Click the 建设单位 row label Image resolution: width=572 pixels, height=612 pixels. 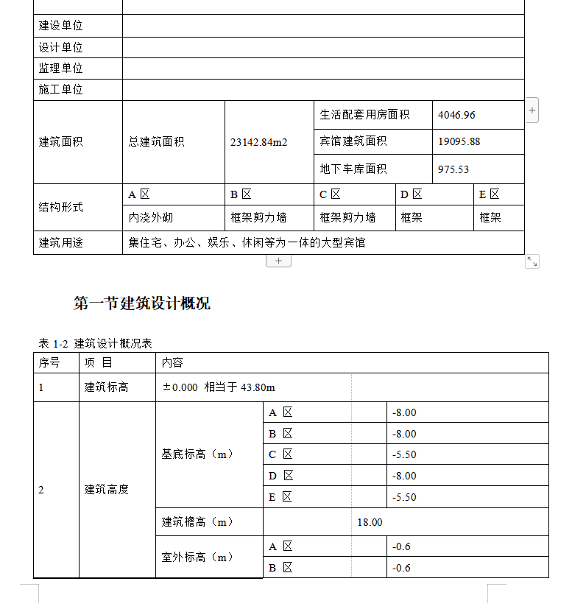(x=61, y=26)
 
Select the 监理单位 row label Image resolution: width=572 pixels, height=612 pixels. (x=61, y=68)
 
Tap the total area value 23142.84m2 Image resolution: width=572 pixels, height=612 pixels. (x=258, y=142)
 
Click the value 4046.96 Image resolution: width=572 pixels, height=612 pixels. (x=456, y=115)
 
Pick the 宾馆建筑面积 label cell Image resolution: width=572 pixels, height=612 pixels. (x=353, y=141)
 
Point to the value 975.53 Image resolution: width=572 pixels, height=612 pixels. (x=453, y=169)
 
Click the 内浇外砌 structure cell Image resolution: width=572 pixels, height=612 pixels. (x=151, y=218)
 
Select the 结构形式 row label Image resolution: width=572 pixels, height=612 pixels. (x=61, y=207)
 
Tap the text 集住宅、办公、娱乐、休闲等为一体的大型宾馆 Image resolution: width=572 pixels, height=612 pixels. (x=247, y=242)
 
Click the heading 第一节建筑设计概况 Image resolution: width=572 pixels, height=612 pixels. (x=142, y=303)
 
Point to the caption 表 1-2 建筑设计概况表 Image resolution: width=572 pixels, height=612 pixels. (x=96, y=344)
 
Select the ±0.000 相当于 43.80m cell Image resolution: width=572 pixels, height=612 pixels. (x=219, y=387)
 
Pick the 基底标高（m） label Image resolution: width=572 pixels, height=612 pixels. (x=197, y=454)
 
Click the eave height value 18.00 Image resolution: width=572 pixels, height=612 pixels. (x=370, y=522)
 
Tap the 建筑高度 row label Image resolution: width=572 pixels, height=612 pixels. (x=107, y=489)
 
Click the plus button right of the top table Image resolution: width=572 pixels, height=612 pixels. (x=533, y=110)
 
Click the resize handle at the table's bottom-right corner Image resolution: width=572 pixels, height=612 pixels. (x=532, y=261)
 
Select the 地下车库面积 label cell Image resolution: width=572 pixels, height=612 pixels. (x=353, y=169)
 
